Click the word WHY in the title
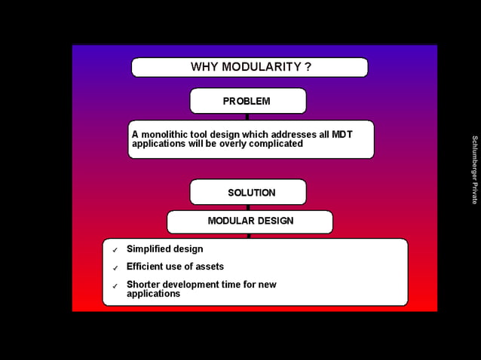point(204,67)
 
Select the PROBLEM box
point(247,101)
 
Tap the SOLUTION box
point(247,192)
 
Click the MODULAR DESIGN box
point(250,221)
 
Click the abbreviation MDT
point(342,134)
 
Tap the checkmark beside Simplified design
point(115,250)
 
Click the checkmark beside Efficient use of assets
point(115,268)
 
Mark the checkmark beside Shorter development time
point(115,286)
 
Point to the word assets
point(210,267)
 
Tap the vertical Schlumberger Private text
point(474,169)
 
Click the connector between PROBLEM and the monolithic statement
point(247,117)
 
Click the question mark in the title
point(308,67)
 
